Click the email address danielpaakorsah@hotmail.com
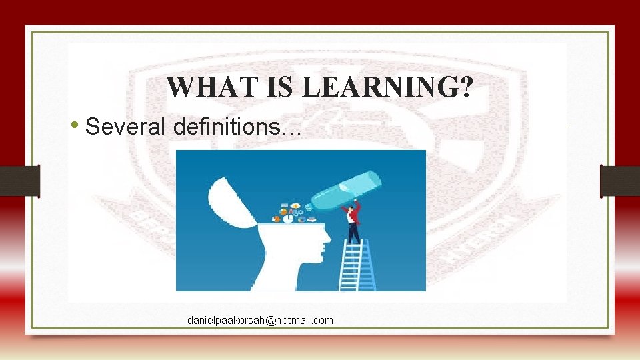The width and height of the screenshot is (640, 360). pos(260,321)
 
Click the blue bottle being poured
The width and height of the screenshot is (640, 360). pos(347,190)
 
